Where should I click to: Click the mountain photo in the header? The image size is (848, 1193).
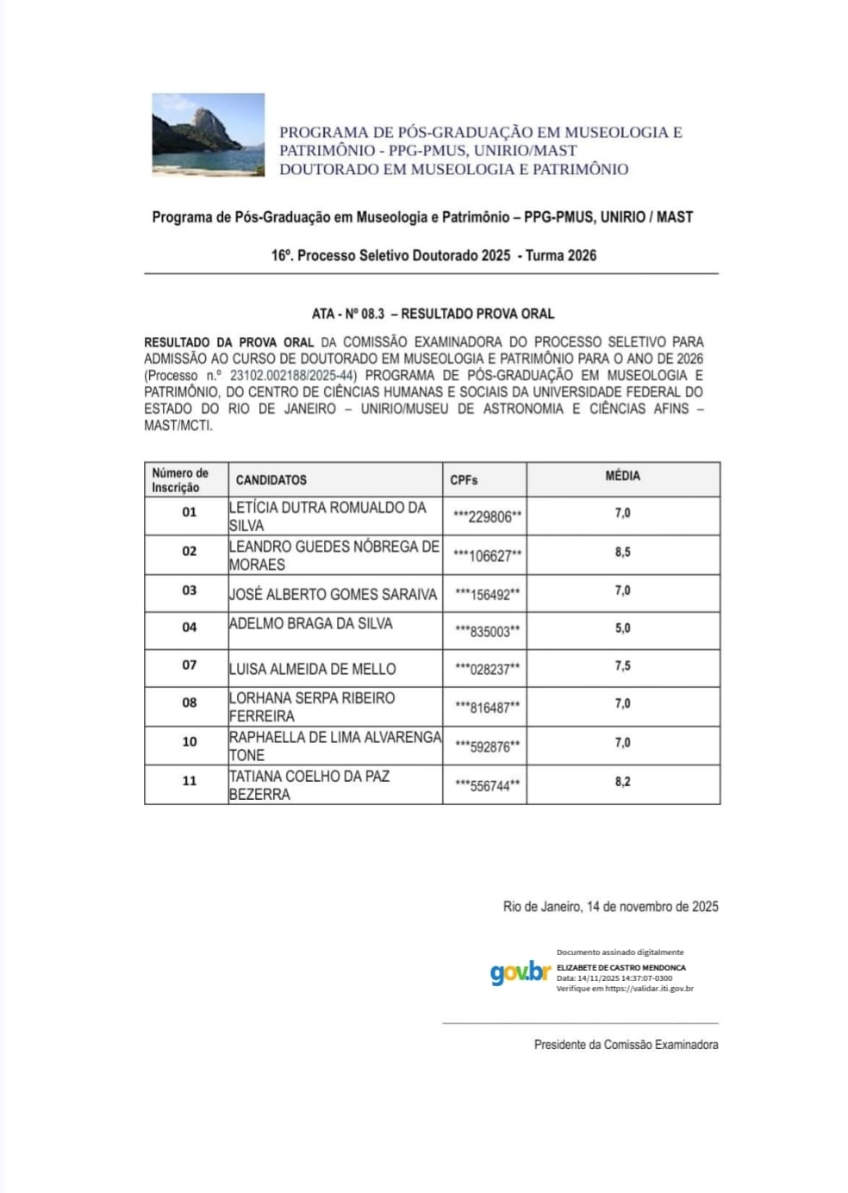208,134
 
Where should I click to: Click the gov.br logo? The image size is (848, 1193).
520,972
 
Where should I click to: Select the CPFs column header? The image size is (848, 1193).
464,480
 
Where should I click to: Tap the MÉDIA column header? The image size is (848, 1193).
622,476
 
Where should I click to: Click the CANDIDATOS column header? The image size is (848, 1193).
271,480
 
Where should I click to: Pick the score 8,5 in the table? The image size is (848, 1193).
622,552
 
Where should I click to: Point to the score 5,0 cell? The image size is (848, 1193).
622,628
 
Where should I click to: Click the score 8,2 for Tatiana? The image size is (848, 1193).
622,782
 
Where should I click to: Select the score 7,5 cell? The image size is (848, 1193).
622,666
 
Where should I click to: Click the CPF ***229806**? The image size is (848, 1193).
487,517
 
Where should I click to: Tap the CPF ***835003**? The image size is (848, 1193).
487,632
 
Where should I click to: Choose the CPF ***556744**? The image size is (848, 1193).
487,786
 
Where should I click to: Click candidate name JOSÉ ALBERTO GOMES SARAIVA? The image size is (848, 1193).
333,594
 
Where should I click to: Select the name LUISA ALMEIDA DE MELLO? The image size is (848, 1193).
312,669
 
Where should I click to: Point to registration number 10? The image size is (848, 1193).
189,741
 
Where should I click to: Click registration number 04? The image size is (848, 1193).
189,628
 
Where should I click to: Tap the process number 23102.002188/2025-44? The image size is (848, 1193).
292,376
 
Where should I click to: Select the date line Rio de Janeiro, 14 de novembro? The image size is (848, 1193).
610,907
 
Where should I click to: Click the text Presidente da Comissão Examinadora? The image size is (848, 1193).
626,1045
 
